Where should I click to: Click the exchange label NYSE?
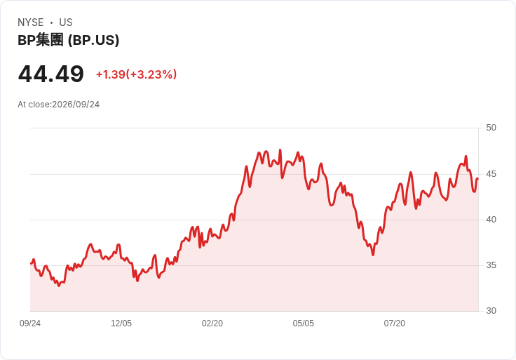31,22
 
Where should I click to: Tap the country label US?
66,22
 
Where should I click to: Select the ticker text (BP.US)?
93,40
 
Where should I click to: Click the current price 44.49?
51,74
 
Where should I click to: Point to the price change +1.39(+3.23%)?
136,74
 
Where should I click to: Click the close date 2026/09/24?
76,105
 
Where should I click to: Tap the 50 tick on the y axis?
491,128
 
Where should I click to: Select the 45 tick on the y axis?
491,174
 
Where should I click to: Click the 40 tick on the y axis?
491,220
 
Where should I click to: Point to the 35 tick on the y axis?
491,265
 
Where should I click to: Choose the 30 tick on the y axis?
491,311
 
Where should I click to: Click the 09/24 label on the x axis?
30,324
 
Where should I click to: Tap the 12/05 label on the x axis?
121,324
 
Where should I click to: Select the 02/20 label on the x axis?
212,324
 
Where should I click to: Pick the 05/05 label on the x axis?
304,324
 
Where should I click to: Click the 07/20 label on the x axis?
395,324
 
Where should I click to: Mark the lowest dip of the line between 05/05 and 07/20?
373,255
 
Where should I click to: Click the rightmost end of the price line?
478,178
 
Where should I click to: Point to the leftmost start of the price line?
31,263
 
